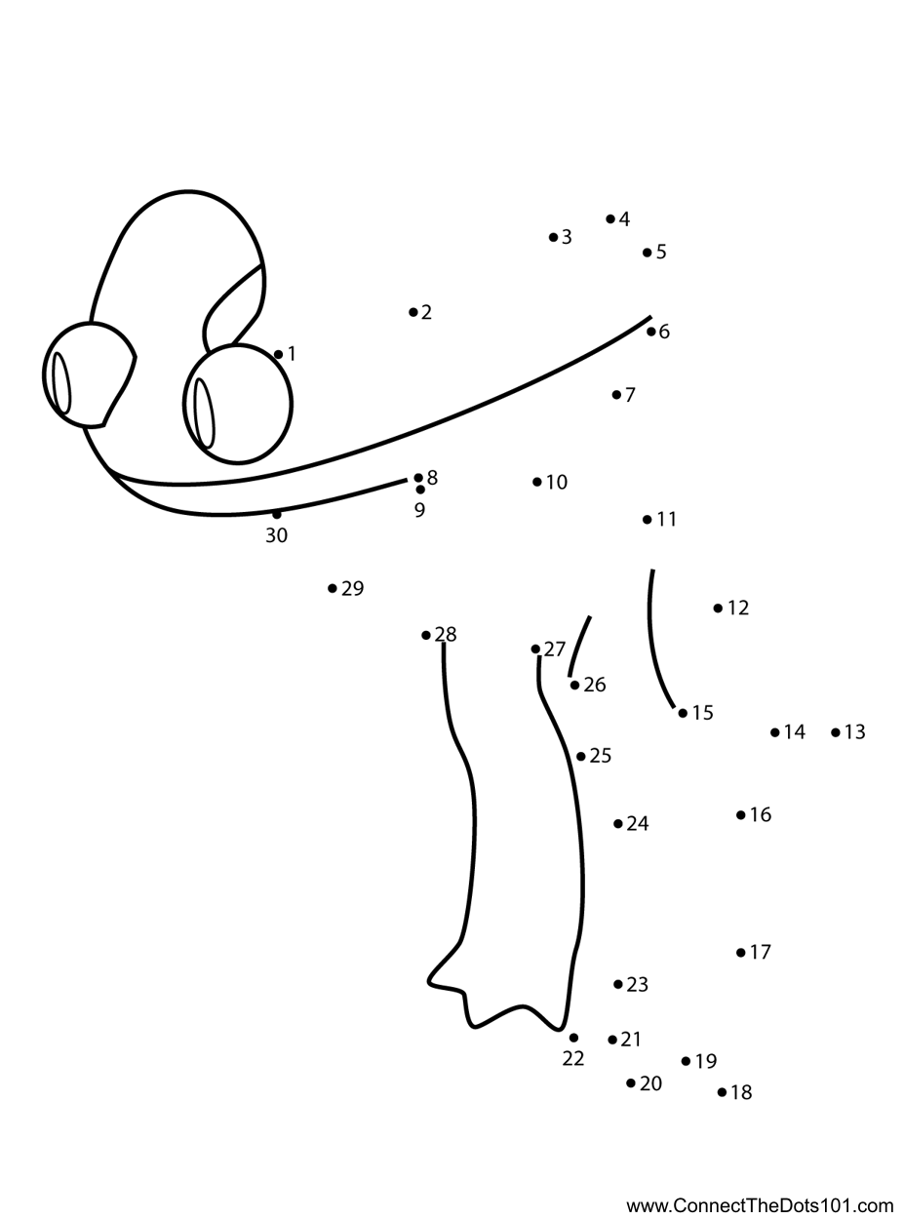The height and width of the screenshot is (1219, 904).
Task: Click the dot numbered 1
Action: pos(278,355)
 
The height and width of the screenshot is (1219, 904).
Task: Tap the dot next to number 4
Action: pos(610,218)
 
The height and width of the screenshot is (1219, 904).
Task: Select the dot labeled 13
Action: pos(836,732)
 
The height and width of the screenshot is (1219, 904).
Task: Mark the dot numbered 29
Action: pos(332,588)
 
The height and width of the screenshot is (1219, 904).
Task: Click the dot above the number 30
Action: pos(276,515)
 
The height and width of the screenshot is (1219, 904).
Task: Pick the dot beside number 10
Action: pos(537,482)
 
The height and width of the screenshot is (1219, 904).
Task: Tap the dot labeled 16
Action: pos(741,814)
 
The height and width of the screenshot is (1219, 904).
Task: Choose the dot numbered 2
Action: pos(413,312)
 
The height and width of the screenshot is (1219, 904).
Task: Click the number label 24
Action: pos(638,823)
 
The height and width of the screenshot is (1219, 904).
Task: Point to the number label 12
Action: pos(738,608)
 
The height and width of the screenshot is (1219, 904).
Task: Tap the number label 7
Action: pos(630,395)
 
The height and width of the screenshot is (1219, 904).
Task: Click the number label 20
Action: pos(650,1083)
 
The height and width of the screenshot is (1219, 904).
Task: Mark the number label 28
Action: pos(446,634)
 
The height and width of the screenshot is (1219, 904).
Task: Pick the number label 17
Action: pos(760,952)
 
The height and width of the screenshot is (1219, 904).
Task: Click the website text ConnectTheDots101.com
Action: pos(783,1205)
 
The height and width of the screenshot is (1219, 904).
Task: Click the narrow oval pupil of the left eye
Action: pos(61,383)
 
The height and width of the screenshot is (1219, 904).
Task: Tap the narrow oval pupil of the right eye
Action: pos(204,413)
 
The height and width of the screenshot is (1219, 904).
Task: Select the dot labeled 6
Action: pos(650,332)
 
